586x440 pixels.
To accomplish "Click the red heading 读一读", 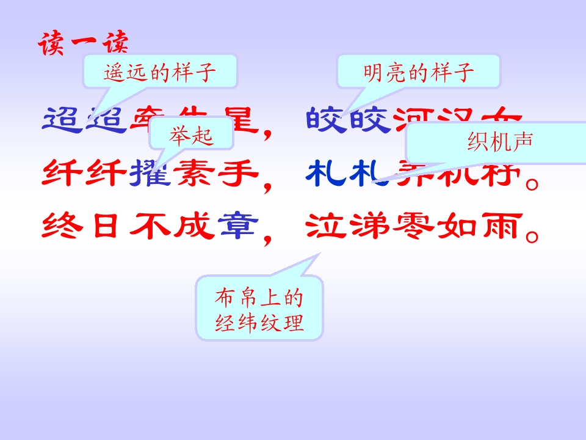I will pos(84,45).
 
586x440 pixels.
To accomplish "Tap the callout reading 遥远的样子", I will pos(159,73).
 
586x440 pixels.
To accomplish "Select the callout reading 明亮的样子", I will pos(419,73).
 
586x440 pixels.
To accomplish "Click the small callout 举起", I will pos(190,135).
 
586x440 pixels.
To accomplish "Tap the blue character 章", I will pos(237,227).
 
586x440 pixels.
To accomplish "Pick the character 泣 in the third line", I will pos(325,227).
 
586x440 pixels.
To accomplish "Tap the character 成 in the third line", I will pos(194,227).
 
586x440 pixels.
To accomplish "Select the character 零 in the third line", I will pos(414,227).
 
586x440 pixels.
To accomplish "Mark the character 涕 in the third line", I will pos(369,227).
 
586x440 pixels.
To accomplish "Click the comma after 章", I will pos(267,238).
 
